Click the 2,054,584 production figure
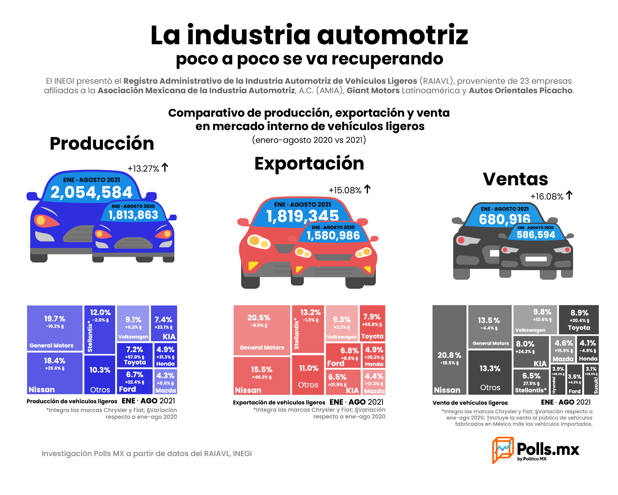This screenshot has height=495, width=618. (91, 192)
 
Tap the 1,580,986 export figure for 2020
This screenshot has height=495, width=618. (333, 235)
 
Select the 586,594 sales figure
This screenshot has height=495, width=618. (536, 235)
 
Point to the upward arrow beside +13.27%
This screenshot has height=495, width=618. (165, 167)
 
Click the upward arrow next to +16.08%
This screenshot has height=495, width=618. (569, 195)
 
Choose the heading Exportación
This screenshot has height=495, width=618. (309, 163)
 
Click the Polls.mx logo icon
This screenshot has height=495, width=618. (503, 450)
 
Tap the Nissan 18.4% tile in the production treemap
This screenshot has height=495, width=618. (55, 373)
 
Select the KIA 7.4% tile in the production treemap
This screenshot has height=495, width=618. (164, 323)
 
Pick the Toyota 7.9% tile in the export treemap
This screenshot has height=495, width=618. (372, 323)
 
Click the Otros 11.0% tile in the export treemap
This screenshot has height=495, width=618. (308, 375)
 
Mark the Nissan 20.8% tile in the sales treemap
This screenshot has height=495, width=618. (449, 350)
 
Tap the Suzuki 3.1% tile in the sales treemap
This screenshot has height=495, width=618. (591, 379)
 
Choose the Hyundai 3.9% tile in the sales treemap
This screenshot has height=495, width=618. (558, 379)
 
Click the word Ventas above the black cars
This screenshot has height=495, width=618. (515, 179)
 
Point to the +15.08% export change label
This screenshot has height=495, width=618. (345, 190)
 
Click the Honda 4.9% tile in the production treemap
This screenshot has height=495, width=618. (165, 355)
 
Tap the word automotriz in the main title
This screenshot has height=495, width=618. (393, 35)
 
